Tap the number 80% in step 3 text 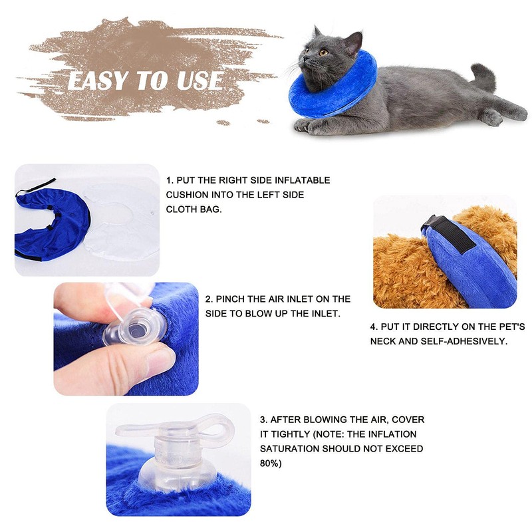(270, 463)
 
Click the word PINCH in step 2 (229, 299)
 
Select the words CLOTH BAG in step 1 (193, 209)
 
